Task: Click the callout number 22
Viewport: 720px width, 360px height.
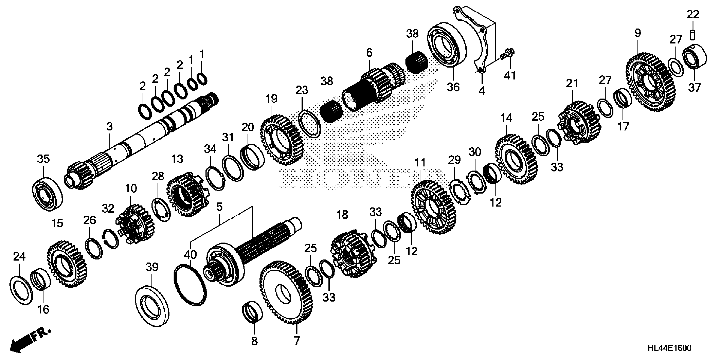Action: [x=693, y=15]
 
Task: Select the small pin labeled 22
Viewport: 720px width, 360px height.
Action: [x=693, y=36]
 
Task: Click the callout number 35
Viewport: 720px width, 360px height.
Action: [x=43, y=159]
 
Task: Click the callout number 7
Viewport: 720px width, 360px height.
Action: [x=296, y=341]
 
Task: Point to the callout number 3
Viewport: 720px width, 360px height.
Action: [x=109, y=126]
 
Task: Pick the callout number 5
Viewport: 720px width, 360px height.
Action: [x=219, y=207]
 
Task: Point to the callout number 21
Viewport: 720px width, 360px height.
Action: [x=572, y=83]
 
